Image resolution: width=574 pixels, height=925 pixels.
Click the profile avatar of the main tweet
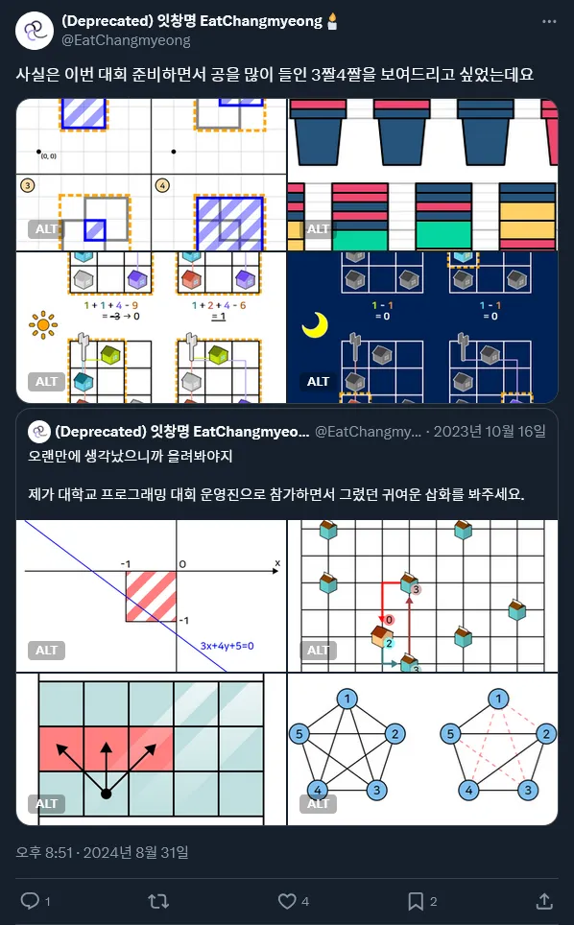click(35, 31)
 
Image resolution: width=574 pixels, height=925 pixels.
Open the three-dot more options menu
click(548, 22)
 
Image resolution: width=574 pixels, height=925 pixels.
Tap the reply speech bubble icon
click(30, 900)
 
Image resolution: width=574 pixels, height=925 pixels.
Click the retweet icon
click(159, 900)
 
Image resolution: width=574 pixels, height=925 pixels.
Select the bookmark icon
click(416, 900)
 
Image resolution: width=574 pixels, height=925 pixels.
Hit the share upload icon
click(544, 900)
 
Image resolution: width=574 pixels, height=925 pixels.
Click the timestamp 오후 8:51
click(50, 851)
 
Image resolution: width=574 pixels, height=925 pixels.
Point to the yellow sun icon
click(43, 325)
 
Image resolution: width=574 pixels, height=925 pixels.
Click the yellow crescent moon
click(315, 325)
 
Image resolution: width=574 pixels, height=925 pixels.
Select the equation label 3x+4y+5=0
click(233, 645)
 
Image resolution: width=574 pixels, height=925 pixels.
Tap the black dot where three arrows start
click(106, 795)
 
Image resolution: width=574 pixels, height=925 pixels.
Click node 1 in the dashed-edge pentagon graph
click(498, 699)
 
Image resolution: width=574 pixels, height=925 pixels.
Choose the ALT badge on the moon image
click(318, 382)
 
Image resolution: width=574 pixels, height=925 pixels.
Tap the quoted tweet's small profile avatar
click(39, 432)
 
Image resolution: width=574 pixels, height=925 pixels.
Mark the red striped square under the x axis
click(151, 596)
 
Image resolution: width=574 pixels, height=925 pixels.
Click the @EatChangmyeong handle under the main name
click(126, 40)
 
